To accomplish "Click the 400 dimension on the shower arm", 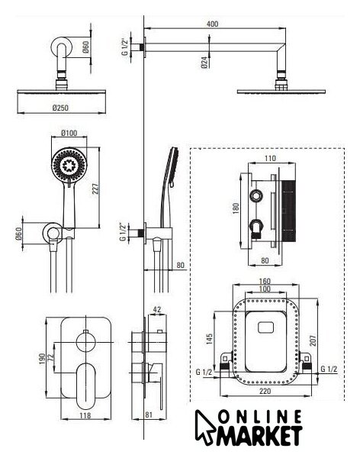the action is pyautogui.click(x=212, y=24).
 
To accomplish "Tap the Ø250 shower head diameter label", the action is pyautogui.click(x=60, y=108).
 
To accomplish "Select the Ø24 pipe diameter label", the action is pyautogui.click(x=204, y=63).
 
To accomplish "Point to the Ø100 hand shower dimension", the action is pyautogui.click(x=69, y=133).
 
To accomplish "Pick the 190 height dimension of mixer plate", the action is pyautogui.click(x=42, y=359).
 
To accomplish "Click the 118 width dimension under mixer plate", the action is pyautogui.click(x=85, y=415).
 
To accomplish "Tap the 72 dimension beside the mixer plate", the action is pyautogui.click(x=51, y=357).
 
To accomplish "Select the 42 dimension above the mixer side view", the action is pyautogui.click(x=157, y=310).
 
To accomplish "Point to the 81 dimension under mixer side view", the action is pyautogui.click(x=149, y=415).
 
